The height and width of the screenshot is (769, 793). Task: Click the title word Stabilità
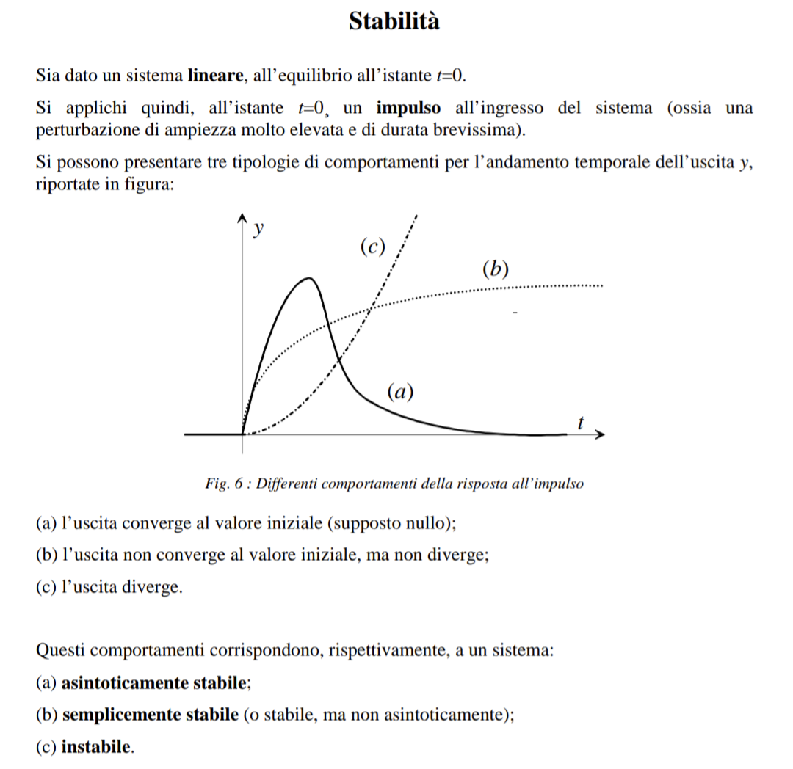(x=394, y=21)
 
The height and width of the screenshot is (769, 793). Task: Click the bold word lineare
(x=215, y=76)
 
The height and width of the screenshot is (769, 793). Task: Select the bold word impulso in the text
(x=409, y=109)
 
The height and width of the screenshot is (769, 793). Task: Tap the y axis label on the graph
(x=257, y=229)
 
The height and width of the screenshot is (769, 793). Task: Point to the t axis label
(x=581, y=423)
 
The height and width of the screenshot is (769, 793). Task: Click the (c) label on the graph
(x=373, y=247)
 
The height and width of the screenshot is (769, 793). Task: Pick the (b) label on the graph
(x=496, y=269)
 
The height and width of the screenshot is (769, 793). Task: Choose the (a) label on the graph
(x=400, y=392)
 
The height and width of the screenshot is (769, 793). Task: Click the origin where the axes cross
(x=242, y=434)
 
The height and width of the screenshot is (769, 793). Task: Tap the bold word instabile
(x=98, y=748)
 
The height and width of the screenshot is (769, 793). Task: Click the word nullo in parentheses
(x=427, y=524)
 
